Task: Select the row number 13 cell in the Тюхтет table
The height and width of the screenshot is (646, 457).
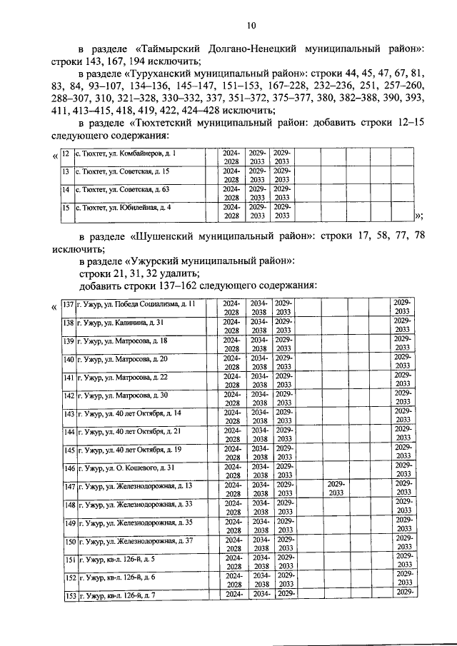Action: [x=64, y=172]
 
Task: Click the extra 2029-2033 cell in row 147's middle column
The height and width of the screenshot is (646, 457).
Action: [x=336, y=488]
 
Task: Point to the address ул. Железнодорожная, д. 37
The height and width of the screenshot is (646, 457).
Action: [x=136, y=541]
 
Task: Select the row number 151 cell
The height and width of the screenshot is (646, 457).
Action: [x=69, y=559]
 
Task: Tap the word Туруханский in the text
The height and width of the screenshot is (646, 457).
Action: [x=169, y=73]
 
